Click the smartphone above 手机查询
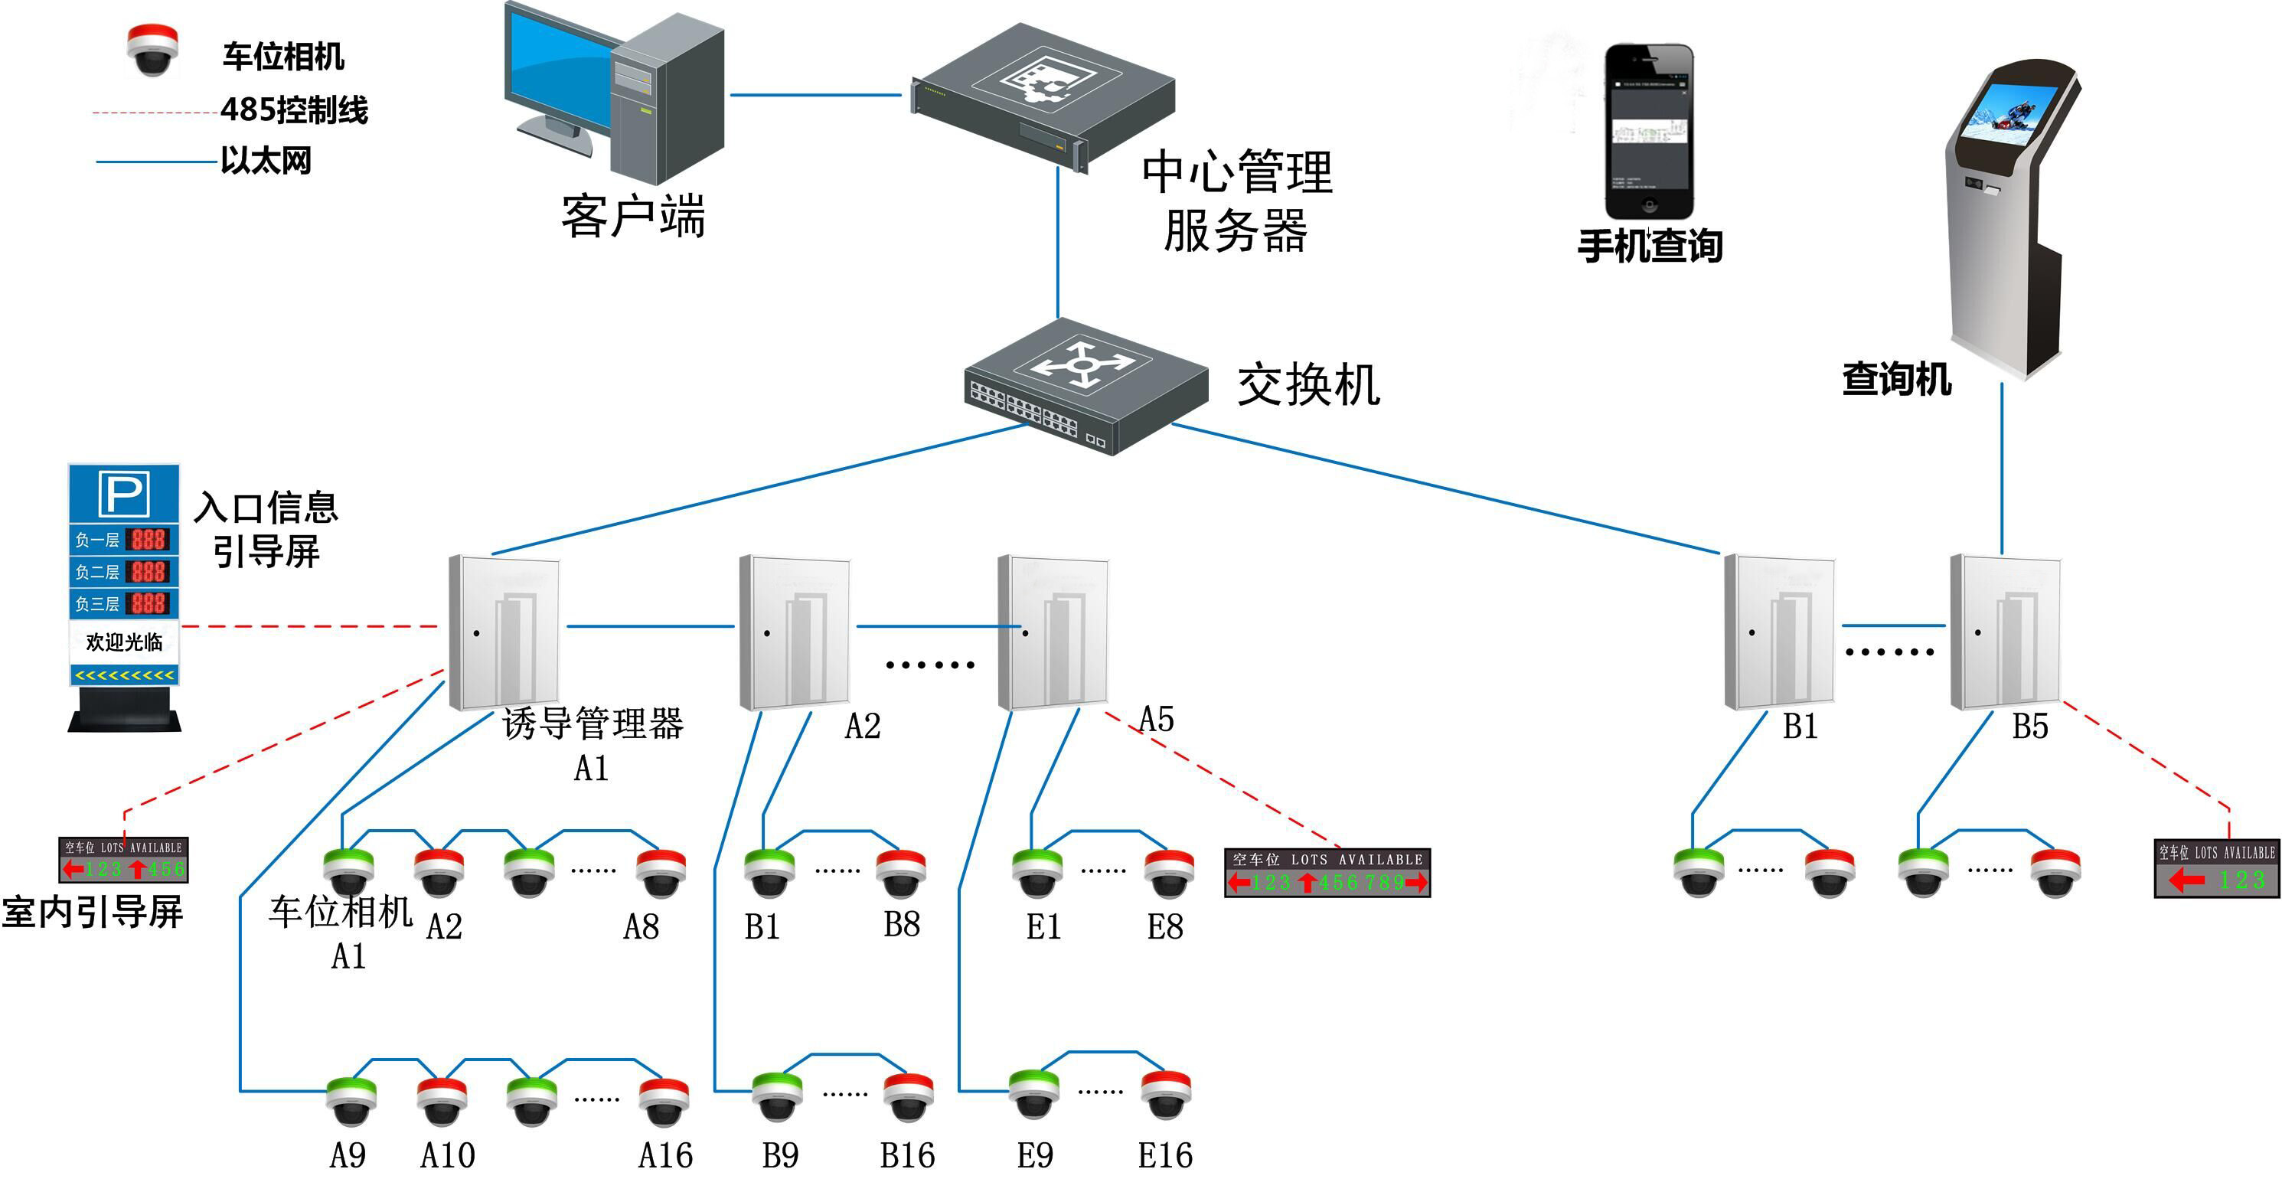[x=1649, y=131]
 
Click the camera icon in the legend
[x=152, y=51]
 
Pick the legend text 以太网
[x=266, y=162]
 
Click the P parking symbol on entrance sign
[x=124, y=493]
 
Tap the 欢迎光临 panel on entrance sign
[x=124, y=642]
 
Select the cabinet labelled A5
[x=1053, y=632]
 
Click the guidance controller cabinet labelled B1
[x=1779, y=632]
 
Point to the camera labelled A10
[x=441, y=1101]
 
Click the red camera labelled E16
[x=1166, y=1095]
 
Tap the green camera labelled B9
[x=777, y=1096]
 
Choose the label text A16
[x=665, y=1155]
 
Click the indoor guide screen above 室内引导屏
[x=124, y=860]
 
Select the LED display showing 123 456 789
[x=1327, y=873]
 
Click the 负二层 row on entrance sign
[x=124, y=571]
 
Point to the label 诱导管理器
[x=593, y=723]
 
